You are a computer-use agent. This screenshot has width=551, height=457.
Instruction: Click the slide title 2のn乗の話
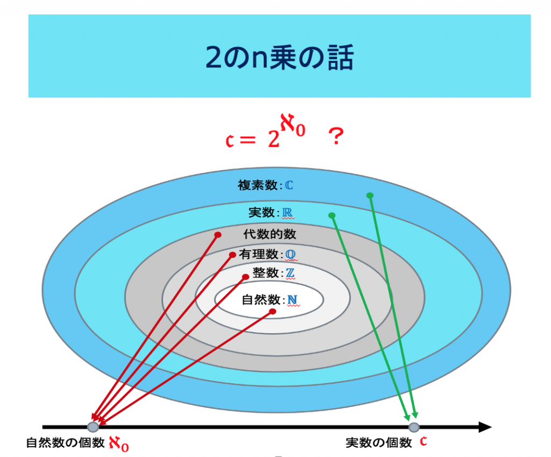click(279, 57)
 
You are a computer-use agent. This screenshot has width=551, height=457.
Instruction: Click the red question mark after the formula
click(336, 136)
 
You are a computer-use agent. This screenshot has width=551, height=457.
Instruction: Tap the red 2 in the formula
click(274, 139)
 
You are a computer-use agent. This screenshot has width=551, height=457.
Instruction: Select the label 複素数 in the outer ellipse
click(258, 185)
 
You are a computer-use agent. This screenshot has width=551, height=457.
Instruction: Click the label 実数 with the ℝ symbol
click(271, 212)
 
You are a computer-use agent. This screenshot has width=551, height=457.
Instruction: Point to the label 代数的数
click(270, 234)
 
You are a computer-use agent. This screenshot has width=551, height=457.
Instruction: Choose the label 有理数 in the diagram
click(259, 254)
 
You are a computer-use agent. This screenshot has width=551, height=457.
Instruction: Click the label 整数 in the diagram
click(266, 272)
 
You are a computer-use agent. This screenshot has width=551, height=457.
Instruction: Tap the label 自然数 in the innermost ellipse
click(261, 299)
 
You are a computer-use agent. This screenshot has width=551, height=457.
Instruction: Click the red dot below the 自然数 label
click(272, 312)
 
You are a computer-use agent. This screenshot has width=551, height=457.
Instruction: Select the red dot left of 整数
click(245, 277)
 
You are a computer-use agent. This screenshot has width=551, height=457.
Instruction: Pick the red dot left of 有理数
click(232, 255)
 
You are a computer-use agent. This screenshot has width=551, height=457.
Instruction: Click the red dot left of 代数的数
click(218, 235)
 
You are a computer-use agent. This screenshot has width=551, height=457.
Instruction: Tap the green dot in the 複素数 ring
click(370, 195)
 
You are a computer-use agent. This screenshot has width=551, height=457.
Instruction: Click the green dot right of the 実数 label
click(331, 215)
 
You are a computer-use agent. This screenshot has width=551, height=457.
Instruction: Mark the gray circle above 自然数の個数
click(93, 427)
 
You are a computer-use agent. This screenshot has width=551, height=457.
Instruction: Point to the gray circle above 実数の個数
click(414, 427)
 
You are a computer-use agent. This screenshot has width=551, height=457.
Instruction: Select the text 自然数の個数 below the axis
click(65, 442)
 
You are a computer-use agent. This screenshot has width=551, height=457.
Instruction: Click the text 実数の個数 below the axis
click(379, 442)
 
